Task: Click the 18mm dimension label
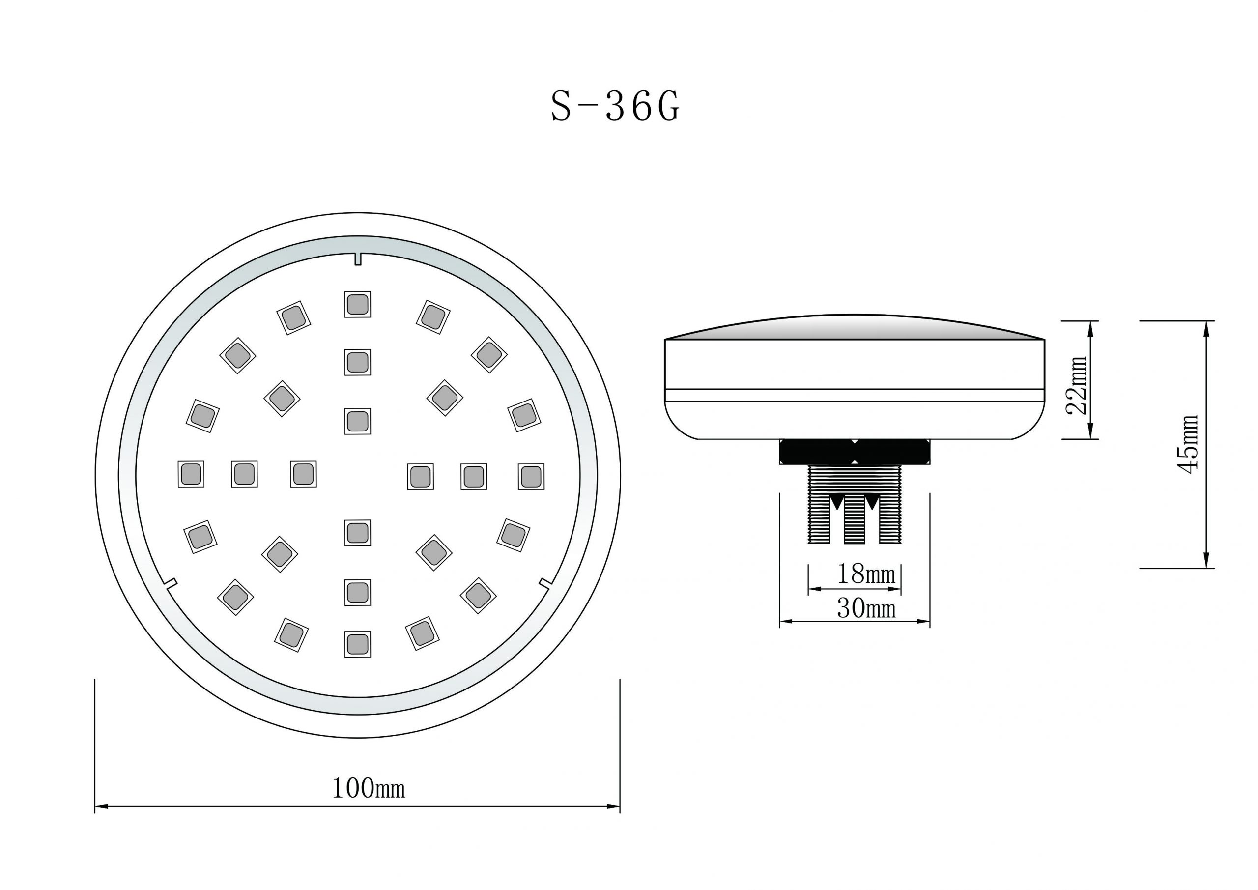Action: [x=866, y=574]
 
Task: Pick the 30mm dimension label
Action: [x=866, y=608]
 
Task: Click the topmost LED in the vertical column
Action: [x=357, y=304]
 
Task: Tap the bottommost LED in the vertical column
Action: [x=357, y=644]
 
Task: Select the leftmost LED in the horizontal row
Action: [x=191, y=474]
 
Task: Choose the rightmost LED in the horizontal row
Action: [x=531, y=477]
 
